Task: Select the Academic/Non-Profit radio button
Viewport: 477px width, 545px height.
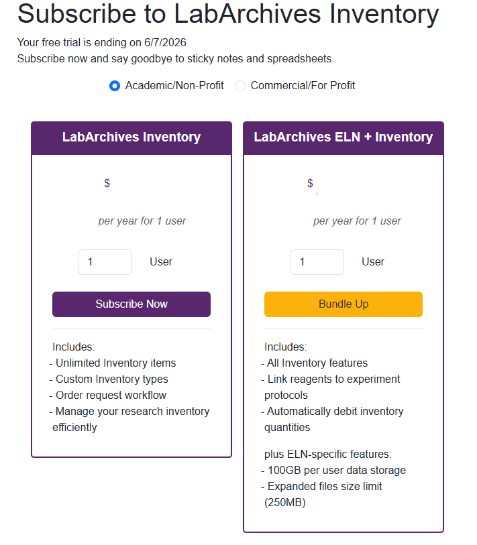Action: pos(115,86)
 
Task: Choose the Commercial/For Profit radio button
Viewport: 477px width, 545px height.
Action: pos(240,86)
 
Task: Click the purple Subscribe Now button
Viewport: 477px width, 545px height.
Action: pos(131,304)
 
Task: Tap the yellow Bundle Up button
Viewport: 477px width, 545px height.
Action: pos(343,304)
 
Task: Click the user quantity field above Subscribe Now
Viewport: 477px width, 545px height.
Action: pos(105,262)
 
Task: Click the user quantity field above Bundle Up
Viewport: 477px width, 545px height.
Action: pos(317,262)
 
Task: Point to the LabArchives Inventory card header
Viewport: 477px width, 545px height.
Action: pos(131,137)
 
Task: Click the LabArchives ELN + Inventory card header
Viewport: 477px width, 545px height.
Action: pos(343,137)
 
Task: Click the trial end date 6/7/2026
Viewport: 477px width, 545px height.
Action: pos(165,43)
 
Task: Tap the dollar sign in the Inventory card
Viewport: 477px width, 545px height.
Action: pos(107,183)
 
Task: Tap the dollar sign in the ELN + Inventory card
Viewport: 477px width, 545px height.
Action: pos(310,183)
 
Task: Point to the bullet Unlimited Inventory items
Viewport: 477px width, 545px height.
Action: pos(115,363)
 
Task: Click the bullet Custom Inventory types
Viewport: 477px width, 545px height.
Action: pos(111,379)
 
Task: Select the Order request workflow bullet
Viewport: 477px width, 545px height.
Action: pos(111,396)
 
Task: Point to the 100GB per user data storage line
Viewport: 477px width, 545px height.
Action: pos(336,471)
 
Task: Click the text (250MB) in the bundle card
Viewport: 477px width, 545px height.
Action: pos(285,503)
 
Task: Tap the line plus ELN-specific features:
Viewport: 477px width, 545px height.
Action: pos(327,455)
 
